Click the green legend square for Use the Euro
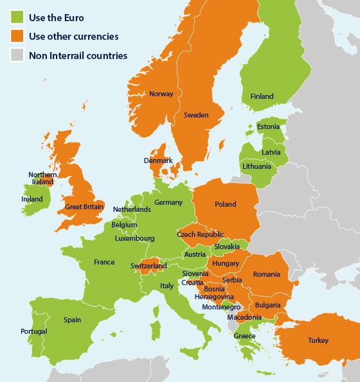pos(17,17)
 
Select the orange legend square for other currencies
pos(17,36)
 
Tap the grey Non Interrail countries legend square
pos(17,55)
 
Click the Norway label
pos(161,94)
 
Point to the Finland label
pos(262,96)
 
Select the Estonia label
pos(268,126)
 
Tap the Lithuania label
pos(256,166)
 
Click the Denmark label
pos(158,161)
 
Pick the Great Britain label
pos(85,207)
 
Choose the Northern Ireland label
pos(42,178)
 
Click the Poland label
pos(225,204)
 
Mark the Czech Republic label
pos(201,235)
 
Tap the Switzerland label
pos(148,266)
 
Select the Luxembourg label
pos(135,238)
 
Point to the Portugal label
pos(33,331)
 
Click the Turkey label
pos(318,340)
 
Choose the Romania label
pos(266,274)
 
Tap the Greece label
pos(244,336)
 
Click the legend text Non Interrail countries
pos(78,55)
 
